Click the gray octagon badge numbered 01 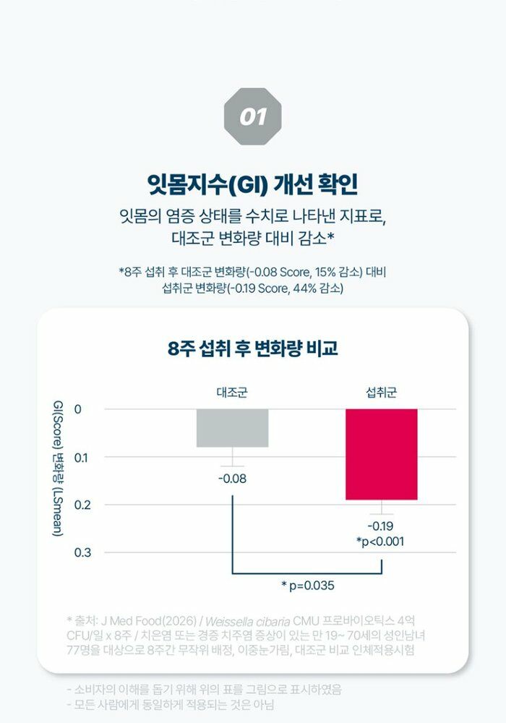[x=252, y=116]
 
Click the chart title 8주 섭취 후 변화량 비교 [x=252, y=348]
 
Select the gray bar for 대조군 [x=232, y=428]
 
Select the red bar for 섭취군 [x=382, y=454]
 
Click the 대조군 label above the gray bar [x=232, y=393]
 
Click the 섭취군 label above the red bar [x=381, y=393]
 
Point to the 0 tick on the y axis [x=77, y=409]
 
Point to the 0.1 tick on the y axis [x=81, y=458]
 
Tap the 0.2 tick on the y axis [x=82, y=505]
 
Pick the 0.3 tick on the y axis [x=82, y=552]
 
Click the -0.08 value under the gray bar [x=232, y=479]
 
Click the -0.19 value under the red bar [x=381, y=526]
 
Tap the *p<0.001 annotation [x=380, y=542]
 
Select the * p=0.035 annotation [x=308, y=586]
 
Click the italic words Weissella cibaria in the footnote [x=248, y=621]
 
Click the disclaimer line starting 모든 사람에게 [x=171, y=704]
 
